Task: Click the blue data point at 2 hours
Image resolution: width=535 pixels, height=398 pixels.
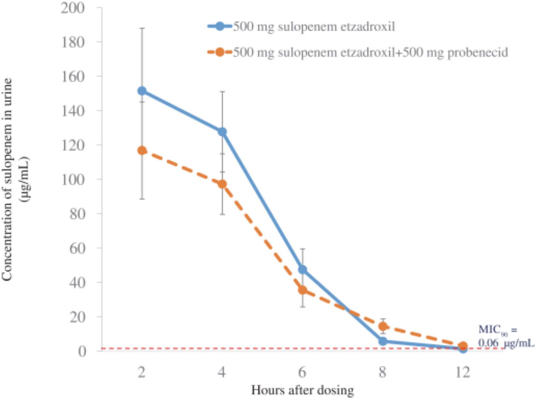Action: (x=142, y=91)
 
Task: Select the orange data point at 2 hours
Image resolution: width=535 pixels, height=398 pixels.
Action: (x=142, y=150)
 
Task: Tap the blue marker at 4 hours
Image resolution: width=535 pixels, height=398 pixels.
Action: (x=222, y=132)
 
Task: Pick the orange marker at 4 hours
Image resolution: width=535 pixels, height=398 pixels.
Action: (x=222, y=184)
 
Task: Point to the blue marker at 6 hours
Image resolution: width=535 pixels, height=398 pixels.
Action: (x=302, y=269)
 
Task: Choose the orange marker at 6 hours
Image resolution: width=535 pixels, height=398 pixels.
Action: (x=302, y=290)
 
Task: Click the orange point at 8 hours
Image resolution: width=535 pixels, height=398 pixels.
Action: (x=383, y=326)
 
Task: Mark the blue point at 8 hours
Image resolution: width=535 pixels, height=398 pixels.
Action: (x=383, y=341)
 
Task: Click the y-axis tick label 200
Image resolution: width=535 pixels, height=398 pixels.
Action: (x=73, y=8)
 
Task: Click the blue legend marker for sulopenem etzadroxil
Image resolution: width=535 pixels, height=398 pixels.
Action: (x=220, y=26)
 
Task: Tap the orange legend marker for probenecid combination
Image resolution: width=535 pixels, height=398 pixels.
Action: (x=220, y=52)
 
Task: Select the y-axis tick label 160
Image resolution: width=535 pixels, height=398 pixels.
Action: (x=73, y=77)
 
